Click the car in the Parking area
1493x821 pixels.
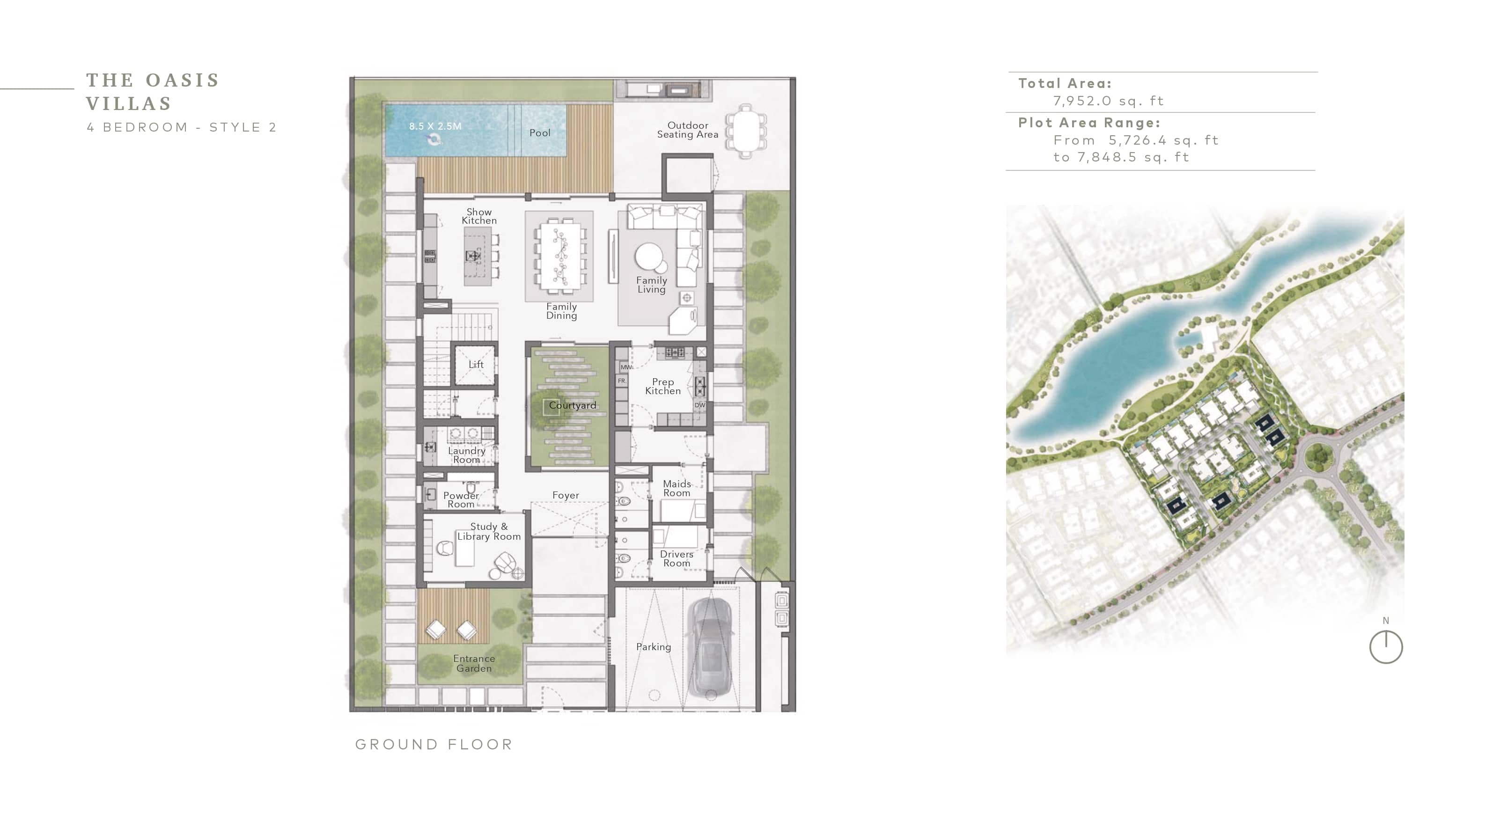[x=711, y=648]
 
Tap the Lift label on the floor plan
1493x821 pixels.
[x=476, y=365]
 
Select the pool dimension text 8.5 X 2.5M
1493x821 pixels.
[x=435, y=126]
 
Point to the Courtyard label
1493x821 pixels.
[x=572, y=405]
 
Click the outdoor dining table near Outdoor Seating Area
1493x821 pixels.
[x=746, y=132]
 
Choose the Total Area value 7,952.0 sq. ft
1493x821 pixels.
[x=1108, y=101]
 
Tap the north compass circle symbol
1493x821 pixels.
[x=1386, y=647]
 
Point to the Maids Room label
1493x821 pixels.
[x=677, y=488]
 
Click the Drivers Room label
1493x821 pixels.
[x=677, y=558]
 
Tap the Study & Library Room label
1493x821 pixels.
[x=489, y=531]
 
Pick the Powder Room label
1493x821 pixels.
[x=461, y=499]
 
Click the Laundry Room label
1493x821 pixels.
[x=467, y=455]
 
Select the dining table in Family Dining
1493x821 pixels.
[x=559, y=256]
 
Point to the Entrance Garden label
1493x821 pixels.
[x=474, y=663]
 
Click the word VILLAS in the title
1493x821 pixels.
[x=129, y=104]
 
